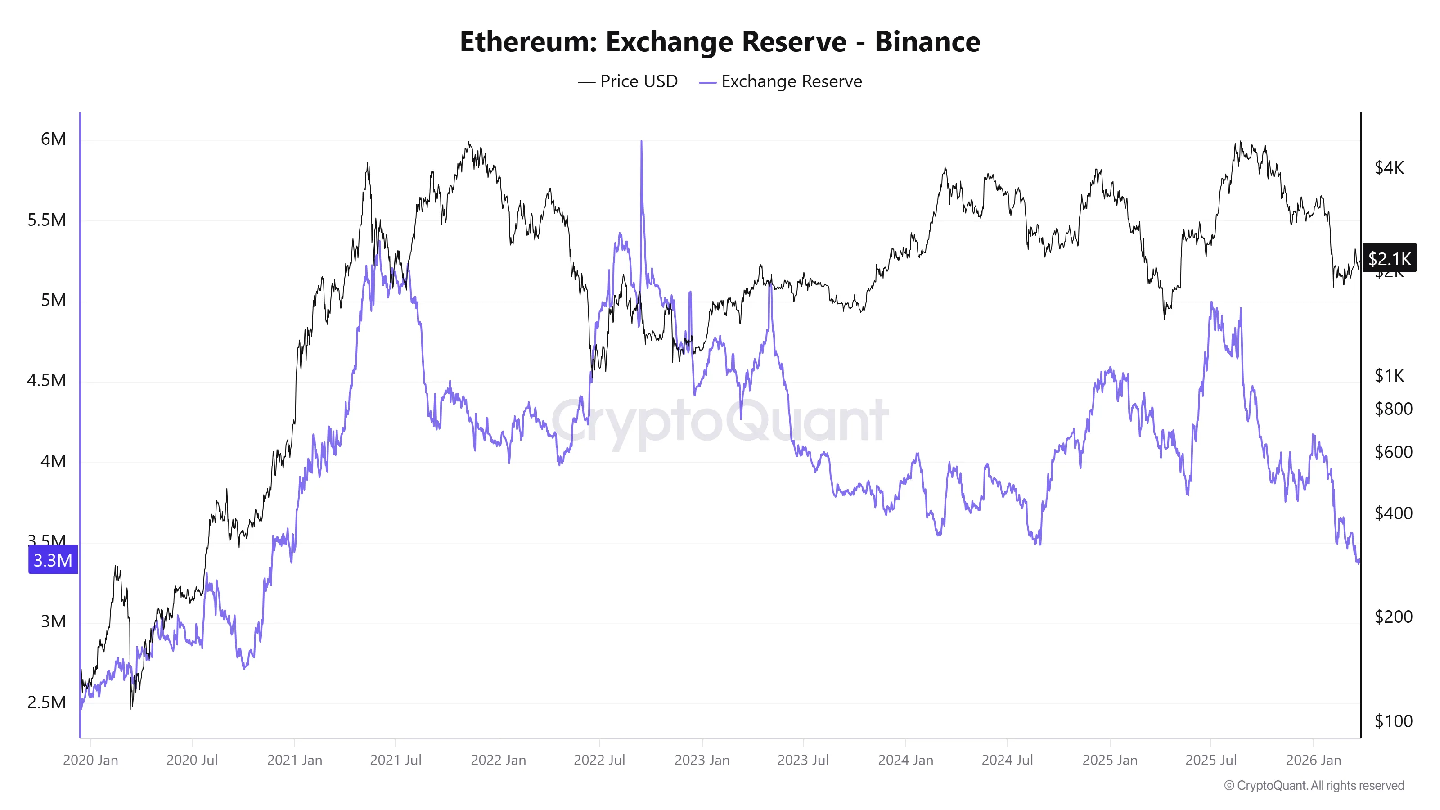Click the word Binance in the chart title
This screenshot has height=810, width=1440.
click(x=927, y=42)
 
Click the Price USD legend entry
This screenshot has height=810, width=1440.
click(x=628, y=81)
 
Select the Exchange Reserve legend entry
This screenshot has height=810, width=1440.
click(x=781, y=81)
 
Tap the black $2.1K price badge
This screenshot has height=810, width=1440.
click(x=1389, y=258)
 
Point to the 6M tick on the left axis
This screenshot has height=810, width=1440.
click(x=53, y=139)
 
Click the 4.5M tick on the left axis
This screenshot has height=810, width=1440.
click(x=46, y=380)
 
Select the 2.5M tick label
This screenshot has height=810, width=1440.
click(x=46, y=702)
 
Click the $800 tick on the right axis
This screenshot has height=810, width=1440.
click(x=1393, y=409)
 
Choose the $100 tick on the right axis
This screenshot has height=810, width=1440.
click(x=1393, y=720)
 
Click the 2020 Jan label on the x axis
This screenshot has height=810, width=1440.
click(x=90, y=760)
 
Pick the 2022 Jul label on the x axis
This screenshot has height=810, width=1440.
click(x=599, y=760)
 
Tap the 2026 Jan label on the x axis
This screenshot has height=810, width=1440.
click(x=1313, y=760)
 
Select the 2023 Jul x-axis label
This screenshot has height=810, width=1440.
click(x=803, y=760)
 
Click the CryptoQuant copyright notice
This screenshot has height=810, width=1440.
click(x=1314, y=785)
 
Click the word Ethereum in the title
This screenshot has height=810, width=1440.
click(x=528, y=42)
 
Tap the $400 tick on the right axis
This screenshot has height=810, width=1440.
click(x=1393, y=513)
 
